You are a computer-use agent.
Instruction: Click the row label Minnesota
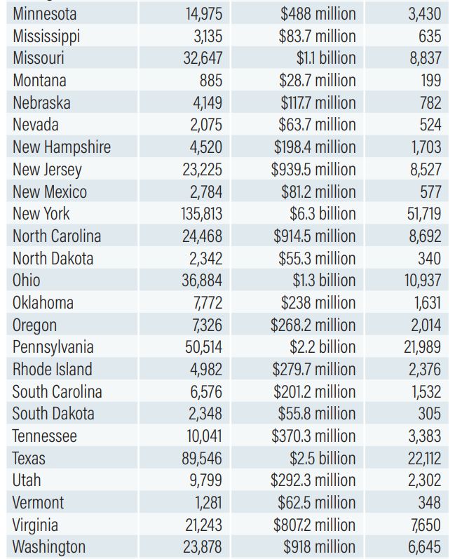(45, 14)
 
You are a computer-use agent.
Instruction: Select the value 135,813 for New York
(201, 214)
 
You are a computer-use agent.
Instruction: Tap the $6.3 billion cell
(322, 214)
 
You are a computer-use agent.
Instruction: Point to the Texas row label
(29, 459)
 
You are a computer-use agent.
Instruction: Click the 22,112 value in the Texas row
(424, 459)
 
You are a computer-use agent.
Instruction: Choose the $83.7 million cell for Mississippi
(317, 36)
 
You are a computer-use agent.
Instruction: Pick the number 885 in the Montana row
(211, 81)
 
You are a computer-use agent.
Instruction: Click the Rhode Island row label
(53, 370)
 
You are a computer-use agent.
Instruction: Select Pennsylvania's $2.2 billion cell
(322, 347)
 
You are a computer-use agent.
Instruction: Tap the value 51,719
(424, 214)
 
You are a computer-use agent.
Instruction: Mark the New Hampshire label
(62, 147)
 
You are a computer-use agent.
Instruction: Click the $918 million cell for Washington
(319, 547)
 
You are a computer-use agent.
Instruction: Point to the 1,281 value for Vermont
(208, 503)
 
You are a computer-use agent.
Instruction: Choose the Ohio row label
(27, 281)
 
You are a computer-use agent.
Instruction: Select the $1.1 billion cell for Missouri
(326, 58)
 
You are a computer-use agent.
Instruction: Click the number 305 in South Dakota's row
(430, 414)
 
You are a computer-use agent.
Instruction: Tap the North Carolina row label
(57, 236)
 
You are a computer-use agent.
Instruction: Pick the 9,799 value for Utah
(205, 480)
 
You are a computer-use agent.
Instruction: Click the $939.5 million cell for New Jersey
(313, 170)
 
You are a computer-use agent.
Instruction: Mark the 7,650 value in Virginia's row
(426, 525)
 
